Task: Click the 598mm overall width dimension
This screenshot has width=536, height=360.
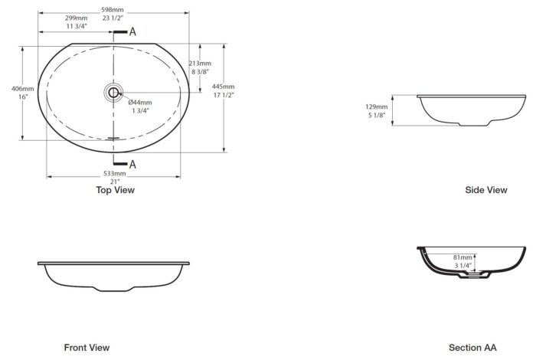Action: coord(112,9)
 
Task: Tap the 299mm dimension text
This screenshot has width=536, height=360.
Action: coord(77,18)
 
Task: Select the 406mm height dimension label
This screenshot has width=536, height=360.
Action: coord(23,89)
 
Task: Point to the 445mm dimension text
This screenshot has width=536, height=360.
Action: coord(224,87)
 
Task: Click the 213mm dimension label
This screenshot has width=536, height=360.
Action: coord(200,64)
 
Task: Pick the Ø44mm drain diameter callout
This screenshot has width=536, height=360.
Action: coord(140,102)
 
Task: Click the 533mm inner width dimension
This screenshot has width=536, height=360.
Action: coord(115,174)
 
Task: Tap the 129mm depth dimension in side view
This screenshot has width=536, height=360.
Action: coord(377,107)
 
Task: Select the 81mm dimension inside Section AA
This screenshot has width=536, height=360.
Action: coord(462,257)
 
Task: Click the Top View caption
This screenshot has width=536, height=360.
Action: coord(115,190)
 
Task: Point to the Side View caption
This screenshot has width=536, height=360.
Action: coord(486,190)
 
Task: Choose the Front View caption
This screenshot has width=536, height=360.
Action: coord(87,348)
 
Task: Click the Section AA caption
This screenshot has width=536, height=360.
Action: coord(472,348)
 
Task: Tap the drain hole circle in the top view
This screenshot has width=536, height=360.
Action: coord(113,93)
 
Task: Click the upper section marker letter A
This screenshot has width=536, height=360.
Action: coord(132,32)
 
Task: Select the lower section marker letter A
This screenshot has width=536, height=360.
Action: coord(132,165)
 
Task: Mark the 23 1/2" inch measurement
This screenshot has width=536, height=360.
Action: coord(113,18)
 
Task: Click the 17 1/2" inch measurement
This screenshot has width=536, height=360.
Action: coord(224,95)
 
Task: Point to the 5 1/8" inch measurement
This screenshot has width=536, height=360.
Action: coord(377,116)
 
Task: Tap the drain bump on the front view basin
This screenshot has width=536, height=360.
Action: coord(113,289)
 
